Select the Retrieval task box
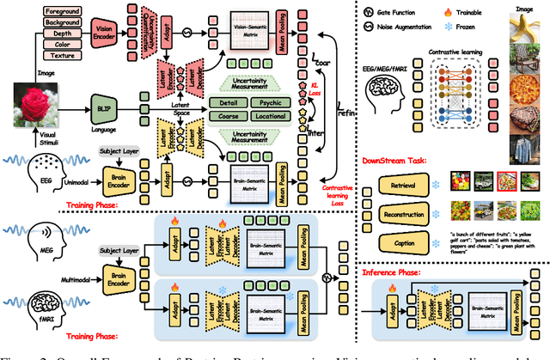[x=402, y=183]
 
